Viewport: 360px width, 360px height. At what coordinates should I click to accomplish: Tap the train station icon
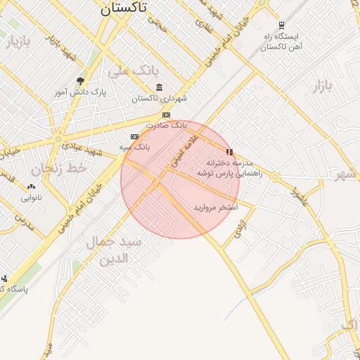pyautogui.click(x=282, y=25)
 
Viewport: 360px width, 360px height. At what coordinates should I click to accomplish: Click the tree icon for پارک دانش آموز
pyautogui.click(x=80, y=82)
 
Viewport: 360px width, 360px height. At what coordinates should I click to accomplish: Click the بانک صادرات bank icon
pyautogui.click(x=166, y=115)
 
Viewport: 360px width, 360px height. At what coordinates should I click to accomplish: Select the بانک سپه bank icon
pyautogui.click(x=134, y=136)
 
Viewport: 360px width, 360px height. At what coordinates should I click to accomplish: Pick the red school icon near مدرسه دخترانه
pyautogui.click(x=229, y=151)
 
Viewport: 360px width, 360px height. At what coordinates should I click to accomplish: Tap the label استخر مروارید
pyautogui.click(x=216, y=208)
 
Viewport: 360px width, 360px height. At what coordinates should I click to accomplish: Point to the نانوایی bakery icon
pyautogui.click(x=31, y=187)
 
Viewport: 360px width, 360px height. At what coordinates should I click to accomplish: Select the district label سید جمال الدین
pyautogui.click(x=114, y=250)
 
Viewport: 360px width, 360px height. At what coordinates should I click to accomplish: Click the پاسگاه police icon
pyautogui.click(x=4, y=278)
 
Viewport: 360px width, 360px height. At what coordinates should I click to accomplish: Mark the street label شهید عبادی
pyautogui.click(x=82, y=148)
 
